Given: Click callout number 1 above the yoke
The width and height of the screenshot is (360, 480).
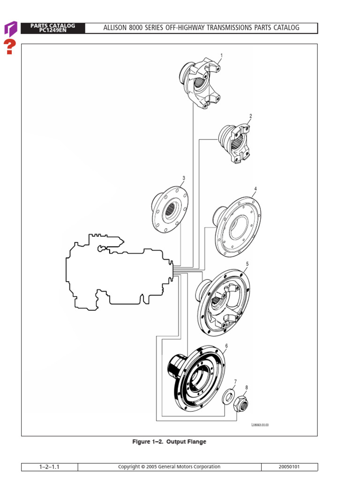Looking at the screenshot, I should click(x=221, y=56).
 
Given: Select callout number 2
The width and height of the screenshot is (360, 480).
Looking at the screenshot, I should click(x=251, y=116).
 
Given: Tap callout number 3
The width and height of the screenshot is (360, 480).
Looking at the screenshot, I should click(x=184, y=178).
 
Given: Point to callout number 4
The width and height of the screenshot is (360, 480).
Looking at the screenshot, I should click(x=255, y=189).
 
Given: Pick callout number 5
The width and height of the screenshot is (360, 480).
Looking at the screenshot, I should click(x=247, y=264).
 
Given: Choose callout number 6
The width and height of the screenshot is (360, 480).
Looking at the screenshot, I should click(x=226, y=346).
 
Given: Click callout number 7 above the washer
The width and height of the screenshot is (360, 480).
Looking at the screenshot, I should click(x=235, y=382).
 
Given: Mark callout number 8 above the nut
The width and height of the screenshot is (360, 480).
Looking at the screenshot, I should click(x=247, y=388).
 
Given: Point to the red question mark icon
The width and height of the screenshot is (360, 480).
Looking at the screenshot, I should click(x=10, y=47).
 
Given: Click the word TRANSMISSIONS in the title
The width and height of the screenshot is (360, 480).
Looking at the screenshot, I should click(x=221, y=28).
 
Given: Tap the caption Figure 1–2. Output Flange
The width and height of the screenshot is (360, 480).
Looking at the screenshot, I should click(x=169, y=442).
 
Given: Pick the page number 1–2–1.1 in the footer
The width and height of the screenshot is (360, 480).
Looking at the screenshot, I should click(x=49, y=467).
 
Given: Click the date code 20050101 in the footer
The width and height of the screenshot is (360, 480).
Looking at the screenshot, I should click(x=289, y=467).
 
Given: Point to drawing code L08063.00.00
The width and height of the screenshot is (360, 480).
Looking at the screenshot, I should click(x=260, y=425).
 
